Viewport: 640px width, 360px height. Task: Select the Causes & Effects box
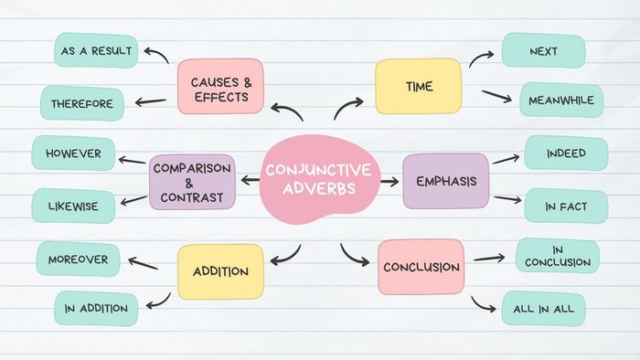pos(220,87)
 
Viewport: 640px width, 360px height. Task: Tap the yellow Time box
pos(419,87)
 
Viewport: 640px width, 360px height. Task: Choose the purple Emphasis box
pos(446,181)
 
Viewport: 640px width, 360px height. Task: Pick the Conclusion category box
pos(421,267)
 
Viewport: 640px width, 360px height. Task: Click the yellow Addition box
pos(220,272)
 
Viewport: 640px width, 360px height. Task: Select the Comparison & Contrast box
pos(192,181)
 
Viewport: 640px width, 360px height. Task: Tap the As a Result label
pos(96,50)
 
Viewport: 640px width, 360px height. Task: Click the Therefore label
pos(83,103)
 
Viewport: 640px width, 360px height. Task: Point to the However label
pos(73,153)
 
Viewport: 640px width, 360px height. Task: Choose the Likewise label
pos(74,206)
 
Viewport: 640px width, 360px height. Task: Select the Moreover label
pos(78,259)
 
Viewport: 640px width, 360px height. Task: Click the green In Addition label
pos(96,309)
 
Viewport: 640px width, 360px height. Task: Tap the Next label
pos(543,50)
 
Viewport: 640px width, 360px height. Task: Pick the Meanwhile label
pos(561,100)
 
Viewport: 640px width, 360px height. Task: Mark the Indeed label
pos(566,153)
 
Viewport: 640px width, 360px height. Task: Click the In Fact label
pos(566,207)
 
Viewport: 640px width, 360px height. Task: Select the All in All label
pos(543,309)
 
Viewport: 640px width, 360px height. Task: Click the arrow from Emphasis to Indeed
pos(506,159)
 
